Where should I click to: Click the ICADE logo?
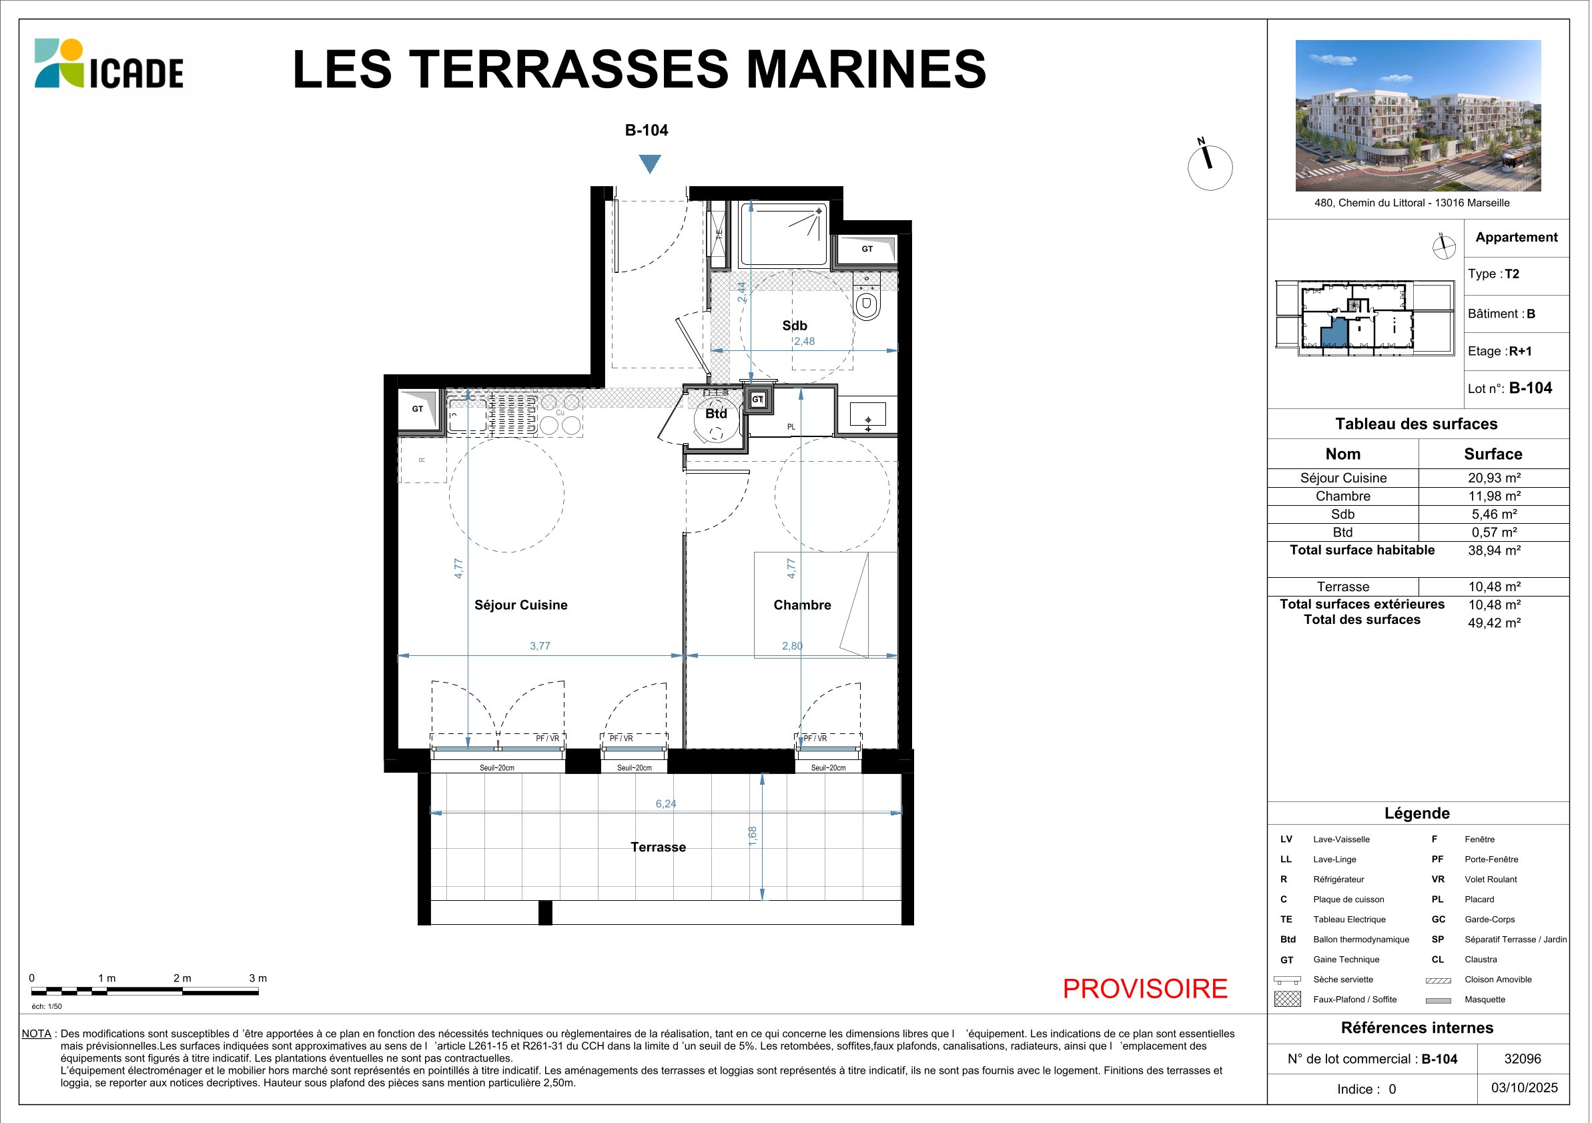109,64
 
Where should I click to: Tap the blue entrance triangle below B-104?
650,163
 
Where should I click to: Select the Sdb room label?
795,326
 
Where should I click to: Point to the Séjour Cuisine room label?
520,605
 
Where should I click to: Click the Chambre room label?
802,605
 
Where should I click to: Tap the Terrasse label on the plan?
658,847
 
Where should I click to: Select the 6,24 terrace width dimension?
666,804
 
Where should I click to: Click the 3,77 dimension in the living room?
540,646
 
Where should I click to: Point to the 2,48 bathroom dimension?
804,341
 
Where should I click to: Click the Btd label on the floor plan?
716,414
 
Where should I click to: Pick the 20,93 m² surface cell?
1494,478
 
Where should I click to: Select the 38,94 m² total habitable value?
1494,550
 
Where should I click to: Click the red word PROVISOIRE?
1146,988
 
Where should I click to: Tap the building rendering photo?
1418,115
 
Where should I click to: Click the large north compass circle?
1210,167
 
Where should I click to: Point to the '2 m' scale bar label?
182,978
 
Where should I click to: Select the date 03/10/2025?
1524,1088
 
